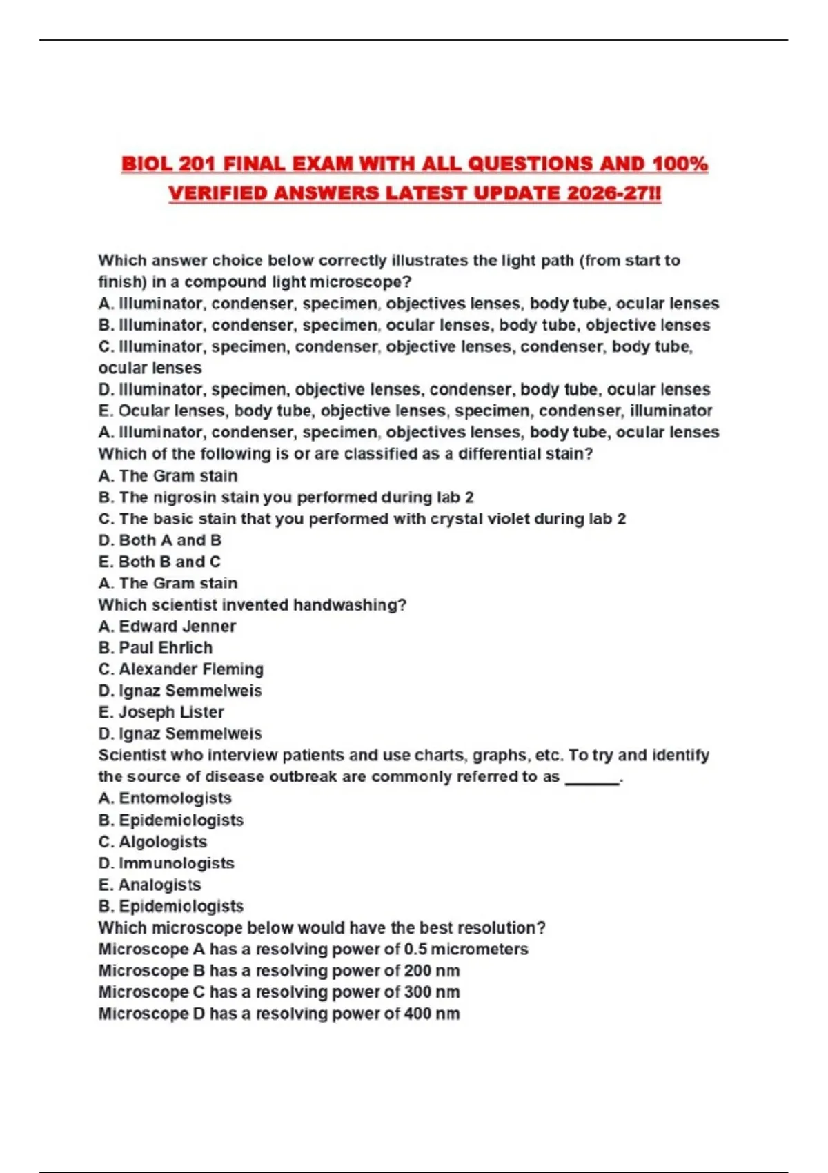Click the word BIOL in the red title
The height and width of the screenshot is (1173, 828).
(147, 164)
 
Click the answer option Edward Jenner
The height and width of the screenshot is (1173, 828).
(177, 627)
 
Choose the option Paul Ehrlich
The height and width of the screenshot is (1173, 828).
(165, 648)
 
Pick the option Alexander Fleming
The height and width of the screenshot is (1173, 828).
(190, 669)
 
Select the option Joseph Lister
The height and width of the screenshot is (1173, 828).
(170, 712)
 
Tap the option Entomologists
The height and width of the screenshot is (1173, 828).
(175, 798)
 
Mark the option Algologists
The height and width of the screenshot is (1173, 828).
(162, 842)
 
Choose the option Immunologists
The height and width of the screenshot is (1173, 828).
(176, 863)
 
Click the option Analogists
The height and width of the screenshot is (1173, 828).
(159, 885)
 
